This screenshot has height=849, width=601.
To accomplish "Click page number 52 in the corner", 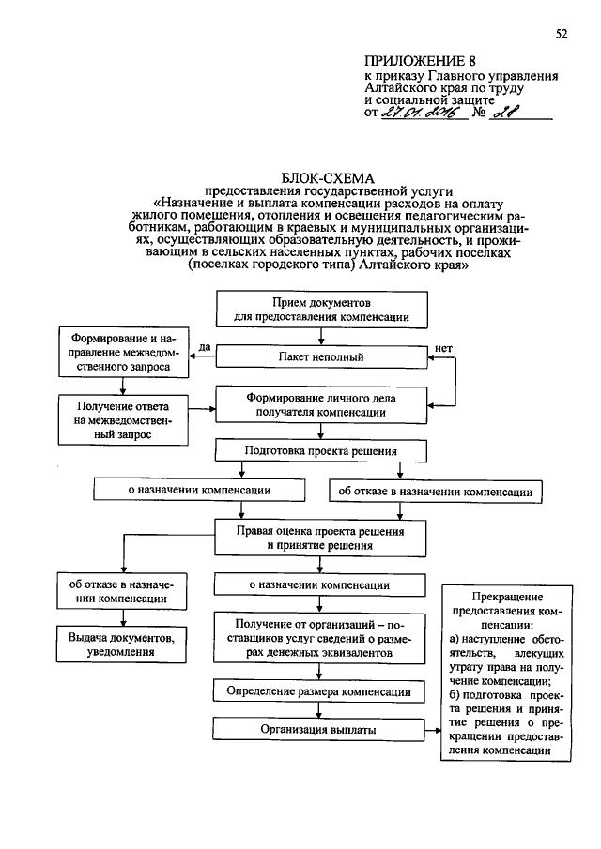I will coord(562,35).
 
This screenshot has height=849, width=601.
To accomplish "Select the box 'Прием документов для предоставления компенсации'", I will coord(321,311).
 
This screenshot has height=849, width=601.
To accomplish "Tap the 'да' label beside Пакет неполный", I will coord(204,349).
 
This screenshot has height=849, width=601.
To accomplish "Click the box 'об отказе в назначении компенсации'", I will coord(435,491).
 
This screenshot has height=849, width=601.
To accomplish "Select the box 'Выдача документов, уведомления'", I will coord(119,643).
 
